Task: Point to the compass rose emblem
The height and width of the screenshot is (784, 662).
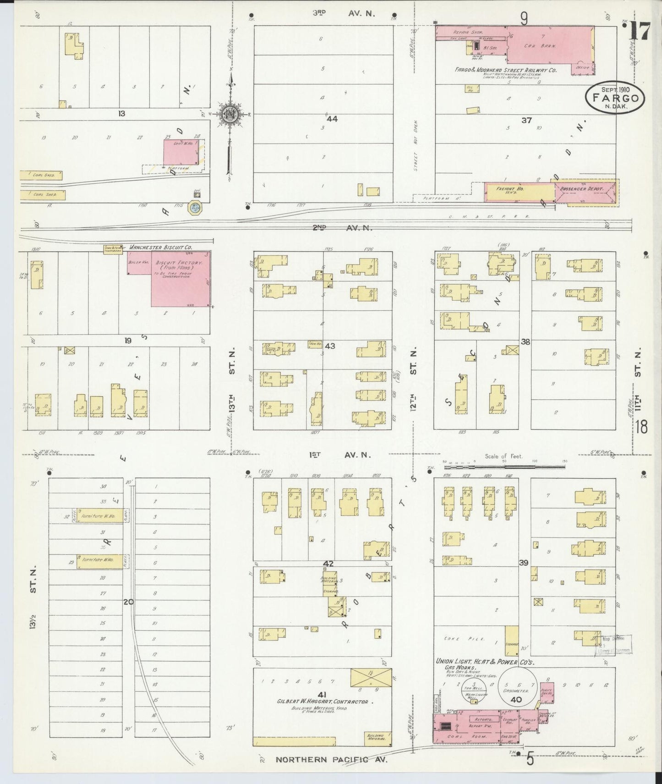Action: point(228,114)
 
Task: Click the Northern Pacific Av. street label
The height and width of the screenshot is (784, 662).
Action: point(331,759)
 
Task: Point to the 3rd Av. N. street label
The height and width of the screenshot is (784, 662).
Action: point(344,13)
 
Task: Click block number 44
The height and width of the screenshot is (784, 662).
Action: point(332,119)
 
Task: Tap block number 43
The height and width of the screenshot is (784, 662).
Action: point(330,346)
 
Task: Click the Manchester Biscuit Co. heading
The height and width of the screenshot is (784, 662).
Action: point(160,247)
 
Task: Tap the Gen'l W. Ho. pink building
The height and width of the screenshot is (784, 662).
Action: point(181,151)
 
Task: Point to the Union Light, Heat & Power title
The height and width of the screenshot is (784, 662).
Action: point(485,662)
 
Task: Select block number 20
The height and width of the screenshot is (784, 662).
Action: point(128,602)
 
